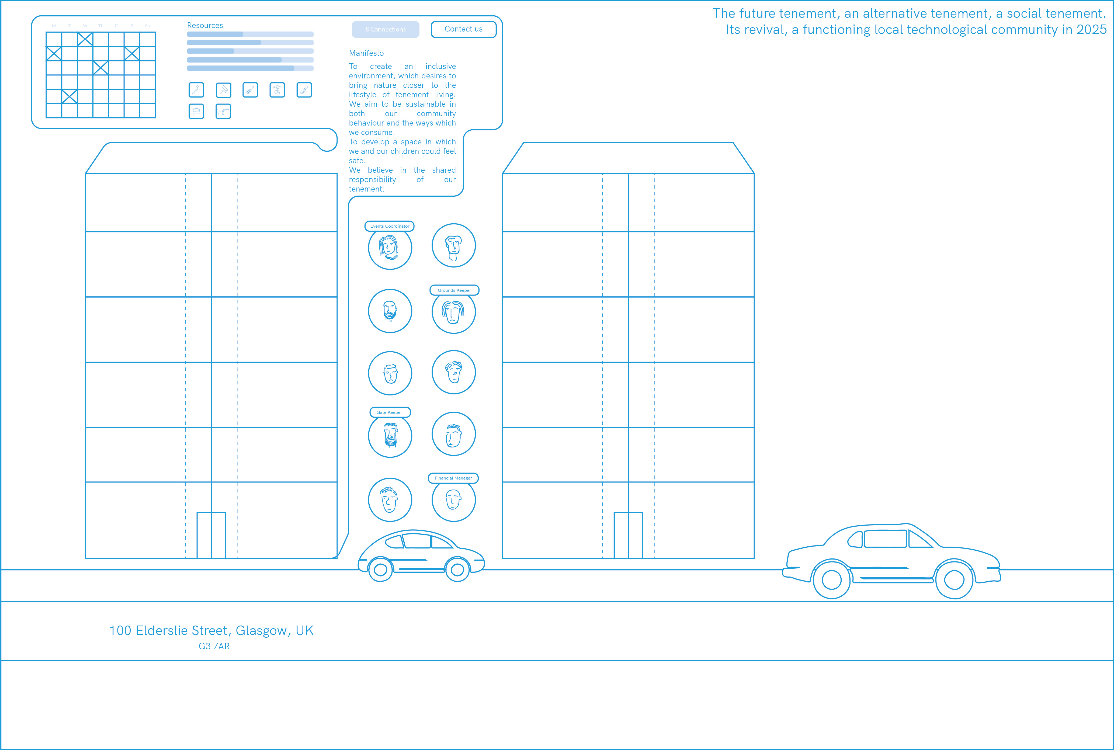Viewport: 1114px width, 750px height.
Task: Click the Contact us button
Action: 463,29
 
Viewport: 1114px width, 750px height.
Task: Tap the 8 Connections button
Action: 386,29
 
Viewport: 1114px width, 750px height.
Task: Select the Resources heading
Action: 205,25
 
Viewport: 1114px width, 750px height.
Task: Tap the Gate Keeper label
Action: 389,412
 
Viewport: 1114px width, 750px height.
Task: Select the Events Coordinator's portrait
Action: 390,248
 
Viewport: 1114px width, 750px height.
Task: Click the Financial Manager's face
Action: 453,500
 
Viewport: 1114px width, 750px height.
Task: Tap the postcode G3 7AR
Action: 214,646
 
